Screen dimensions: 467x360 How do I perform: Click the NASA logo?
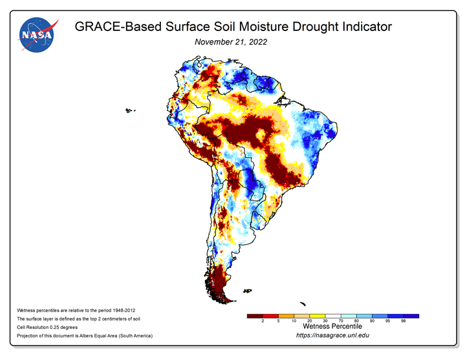38,35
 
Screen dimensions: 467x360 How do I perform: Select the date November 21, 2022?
231,42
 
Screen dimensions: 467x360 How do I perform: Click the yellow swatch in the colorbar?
317,316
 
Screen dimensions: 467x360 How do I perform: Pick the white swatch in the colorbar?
333,316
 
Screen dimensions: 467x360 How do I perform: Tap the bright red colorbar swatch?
270,316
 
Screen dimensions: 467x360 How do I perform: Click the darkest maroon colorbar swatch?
255,316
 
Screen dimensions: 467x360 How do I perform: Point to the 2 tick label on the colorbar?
263,321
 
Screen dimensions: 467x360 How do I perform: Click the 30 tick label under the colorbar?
325,321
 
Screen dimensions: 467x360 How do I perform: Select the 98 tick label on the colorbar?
403,321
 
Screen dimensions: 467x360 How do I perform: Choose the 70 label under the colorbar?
341,321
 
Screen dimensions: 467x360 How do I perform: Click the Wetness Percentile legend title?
332,326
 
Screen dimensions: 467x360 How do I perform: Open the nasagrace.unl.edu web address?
332,335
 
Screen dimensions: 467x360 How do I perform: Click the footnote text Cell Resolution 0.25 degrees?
47,327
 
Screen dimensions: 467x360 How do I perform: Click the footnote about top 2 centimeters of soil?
78,319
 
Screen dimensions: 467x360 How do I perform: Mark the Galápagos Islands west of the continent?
130,111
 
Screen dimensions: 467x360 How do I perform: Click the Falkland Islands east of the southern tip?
248,291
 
